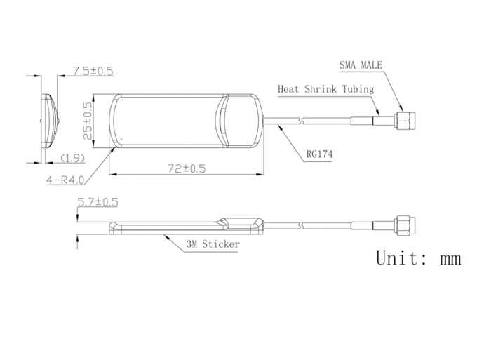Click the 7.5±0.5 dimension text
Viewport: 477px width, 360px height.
(x=93, y=71)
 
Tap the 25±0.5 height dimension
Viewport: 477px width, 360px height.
(x=88, y=121)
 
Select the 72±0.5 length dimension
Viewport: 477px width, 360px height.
(x=187, y=168)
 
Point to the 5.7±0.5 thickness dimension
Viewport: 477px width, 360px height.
(x=98, y=202)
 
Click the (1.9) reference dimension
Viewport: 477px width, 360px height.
(x=72, y=158)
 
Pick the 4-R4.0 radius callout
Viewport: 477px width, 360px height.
(x=65, y=180)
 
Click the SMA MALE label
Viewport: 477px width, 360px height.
(x=361, y=65)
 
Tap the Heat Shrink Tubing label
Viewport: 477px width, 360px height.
(x=325, y=89)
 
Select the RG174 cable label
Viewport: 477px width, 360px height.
(x=319, y=154)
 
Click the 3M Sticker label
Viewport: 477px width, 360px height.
(x=213, y=244)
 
